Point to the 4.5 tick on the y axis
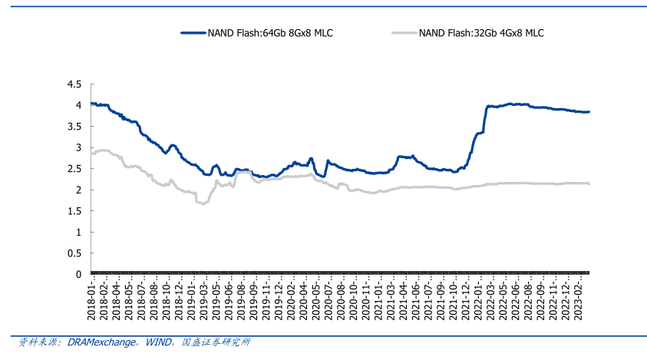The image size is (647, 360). (x=74, y=84)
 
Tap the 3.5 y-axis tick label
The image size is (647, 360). (x=74, y=126)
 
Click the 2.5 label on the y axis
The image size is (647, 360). (x=74, y=168)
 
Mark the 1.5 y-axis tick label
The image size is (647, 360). (x=74, y=211)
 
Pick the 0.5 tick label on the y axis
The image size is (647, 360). (x=74, y=253)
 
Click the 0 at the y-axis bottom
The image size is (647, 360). (x=78, y=274)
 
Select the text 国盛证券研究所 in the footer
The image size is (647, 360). (x=216, y=342)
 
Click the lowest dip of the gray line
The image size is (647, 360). (x=203, y=203)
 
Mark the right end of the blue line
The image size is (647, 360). (x=589, y=112)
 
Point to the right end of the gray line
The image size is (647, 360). (x=589, y=183)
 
